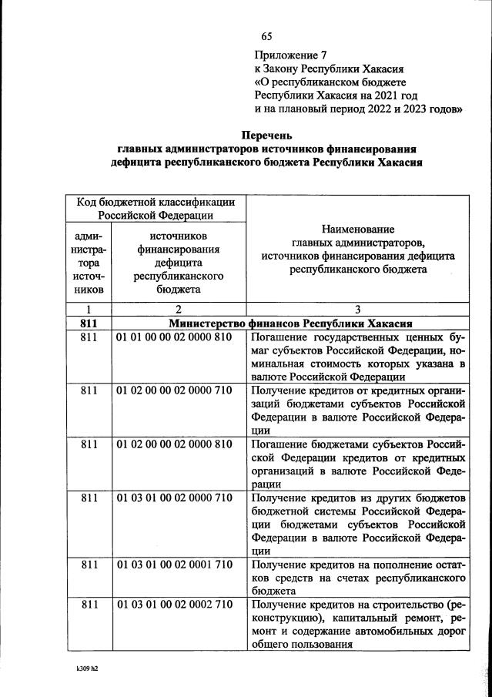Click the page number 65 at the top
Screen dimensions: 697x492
tap(267, 37)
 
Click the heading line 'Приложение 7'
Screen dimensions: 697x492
tap(290, 55)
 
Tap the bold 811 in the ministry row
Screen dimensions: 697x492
tap(89, 323)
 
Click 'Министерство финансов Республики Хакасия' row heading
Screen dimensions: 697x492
tap(291, 323)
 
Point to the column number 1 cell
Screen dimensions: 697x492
tap(89, 310)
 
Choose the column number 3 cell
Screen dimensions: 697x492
tap(358, 310)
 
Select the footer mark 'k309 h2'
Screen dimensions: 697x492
tap(82, 669)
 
